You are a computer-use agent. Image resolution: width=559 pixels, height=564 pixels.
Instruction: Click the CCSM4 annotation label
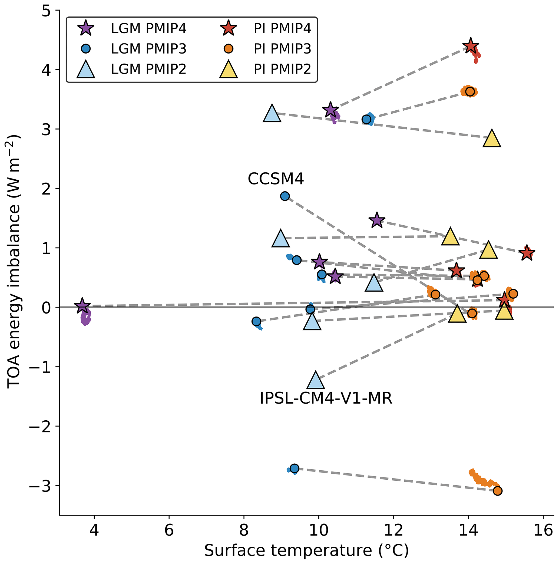(x=276, y=178)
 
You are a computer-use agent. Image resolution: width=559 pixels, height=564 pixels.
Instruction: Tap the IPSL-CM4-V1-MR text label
(x=326, y=398)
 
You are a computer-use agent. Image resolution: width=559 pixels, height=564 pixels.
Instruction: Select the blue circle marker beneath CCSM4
(x=285, y=196)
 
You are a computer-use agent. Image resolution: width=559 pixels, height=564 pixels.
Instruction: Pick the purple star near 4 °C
(x=82, y=306)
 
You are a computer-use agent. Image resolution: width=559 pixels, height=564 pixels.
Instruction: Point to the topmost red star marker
(x=470, y=47)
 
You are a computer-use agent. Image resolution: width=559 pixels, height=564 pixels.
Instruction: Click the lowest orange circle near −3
(x=498, y=491)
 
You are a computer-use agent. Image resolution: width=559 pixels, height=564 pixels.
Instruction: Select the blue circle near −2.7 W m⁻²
(x=295, y=468)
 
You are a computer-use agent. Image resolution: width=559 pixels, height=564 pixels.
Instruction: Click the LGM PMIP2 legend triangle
(x=86, y=70)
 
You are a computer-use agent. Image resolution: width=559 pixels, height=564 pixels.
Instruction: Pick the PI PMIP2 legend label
(x=282, y=70)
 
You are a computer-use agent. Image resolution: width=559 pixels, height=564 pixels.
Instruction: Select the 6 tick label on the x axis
(x=169, y=530)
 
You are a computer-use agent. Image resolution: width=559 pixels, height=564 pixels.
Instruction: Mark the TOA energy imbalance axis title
(x=14, y=261)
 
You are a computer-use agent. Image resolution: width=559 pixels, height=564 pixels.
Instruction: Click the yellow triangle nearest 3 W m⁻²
(x=492, y=139)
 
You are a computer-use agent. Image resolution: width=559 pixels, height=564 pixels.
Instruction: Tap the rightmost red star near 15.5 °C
(x=527, y=253)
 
